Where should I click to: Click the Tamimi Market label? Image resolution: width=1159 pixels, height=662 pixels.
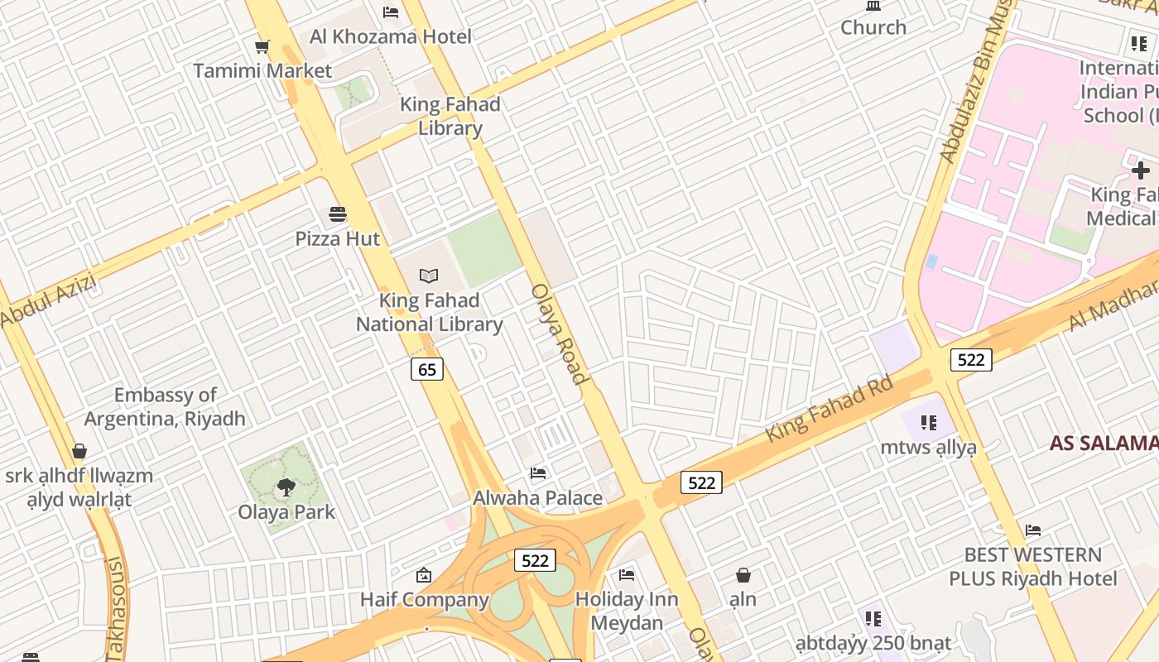pyautogui.click(x=262, y=71)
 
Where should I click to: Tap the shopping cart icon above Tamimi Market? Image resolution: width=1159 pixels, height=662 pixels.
pyautogui.click(x=262, y=47)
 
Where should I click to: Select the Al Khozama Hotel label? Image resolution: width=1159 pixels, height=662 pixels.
pyautogui.click(x=390, y=36)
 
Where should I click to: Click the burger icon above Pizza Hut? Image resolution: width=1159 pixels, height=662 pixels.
pyautogui.click(x=337, y=214)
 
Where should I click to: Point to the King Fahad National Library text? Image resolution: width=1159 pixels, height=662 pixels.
pyautogui.click(x=429, y=313)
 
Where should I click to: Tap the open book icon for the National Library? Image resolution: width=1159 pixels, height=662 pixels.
pyautogui.click(x=428, y=276)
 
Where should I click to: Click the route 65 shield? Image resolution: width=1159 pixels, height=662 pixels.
pyautogui.click(x=427, y=369)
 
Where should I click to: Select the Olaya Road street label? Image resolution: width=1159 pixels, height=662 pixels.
pyautogui.click(x=560, y=333)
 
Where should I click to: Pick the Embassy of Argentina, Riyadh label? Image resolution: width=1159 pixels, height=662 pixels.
pyautogui.click(x=166, y=407)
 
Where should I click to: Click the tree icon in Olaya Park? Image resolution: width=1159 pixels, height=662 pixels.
pyautogui.click(x=286, y=487)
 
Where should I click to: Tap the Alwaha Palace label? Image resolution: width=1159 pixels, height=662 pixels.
pyautogui.click(x=537, y=498)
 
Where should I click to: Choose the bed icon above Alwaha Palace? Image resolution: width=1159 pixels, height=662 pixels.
pyautogui.click(x=538, y=473)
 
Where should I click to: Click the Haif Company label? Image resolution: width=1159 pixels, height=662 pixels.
pyautogui.click(x=424, y=599)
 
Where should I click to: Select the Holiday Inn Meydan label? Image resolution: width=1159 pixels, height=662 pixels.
pyautogui.click(x=626, y=611)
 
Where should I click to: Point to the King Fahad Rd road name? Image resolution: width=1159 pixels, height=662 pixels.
pyautogui.click(x=829, y=409)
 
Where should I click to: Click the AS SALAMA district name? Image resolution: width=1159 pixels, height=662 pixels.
pyautogui.click(x=1104, y=443)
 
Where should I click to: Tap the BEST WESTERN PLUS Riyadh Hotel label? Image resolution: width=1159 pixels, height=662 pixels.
pyautogui.click(x=1033, y=566)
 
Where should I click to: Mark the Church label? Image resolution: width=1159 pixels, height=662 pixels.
pyautogui.click(x=873, y=27)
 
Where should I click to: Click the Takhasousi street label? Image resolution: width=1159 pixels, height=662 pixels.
pyautogui.click(x=115, y=608)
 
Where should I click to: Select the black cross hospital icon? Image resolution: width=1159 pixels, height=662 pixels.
pyautogui.click(x=1140, y=170)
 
